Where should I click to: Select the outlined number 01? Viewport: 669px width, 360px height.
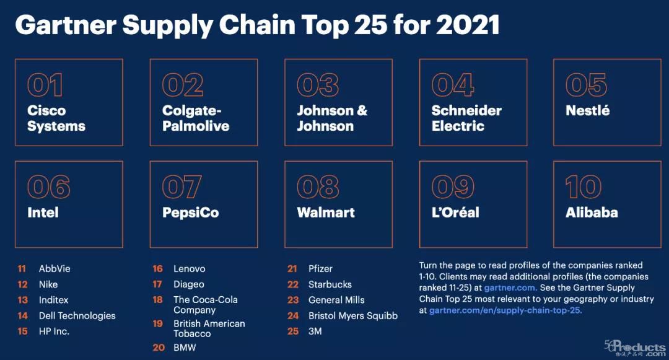pos(45,86)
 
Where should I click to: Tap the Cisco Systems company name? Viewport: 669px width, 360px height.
pos(56,118)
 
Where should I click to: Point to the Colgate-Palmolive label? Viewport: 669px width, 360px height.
pos(195,118)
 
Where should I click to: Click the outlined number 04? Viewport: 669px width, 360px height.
pos(453,86)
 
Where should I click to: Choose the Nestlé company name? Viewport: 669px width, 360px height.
pos(587,110)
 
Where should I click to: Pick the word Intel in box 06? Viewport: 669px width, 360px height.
pos(43,213)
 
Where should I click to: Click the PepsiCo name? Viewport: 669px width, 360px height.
pos(190,213)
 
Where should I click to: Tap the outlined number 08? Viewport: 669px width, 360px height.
pos(318,187)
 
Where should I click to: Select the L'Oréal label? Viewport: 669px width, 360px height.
pos(455,213)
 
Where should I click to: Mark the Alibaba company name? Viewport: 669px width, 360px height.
pos(592,213)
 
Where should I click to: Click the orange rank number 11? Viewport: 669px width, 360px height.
pos(22,269)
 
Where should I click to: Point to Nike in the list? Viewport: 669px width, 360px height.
pos(48,284)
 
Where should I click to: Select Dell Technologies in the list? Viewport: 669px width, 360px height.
pos(77,315)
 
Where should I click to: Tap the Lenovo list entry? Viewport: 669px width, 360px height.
pos(189,269)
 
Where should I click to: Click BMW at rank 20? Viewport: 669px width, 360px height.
pos(185,348)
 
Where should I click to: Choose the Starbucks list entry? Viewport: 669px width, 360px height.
pos(330,284)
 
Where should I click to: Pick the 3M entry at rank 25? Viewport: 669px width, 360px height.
pos(315,331)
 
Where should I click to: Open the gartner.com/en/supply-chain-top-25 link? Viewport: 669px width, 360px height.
pos(505,310)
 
